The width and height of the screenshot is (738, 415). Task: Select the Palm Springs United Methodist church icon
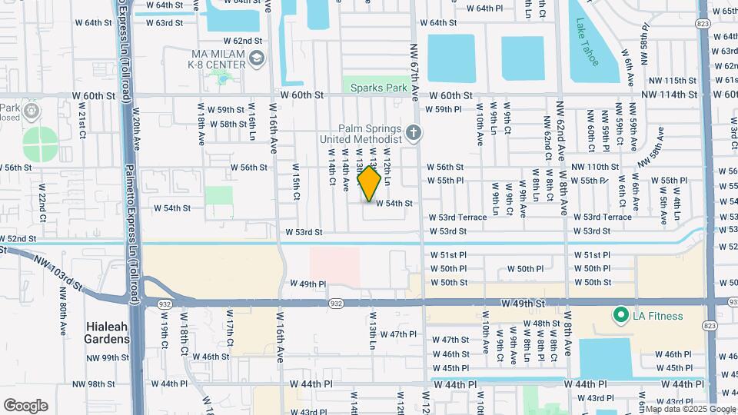tap(414, 133)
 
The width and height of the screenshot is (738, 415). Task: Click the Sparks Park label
tap(378, 88)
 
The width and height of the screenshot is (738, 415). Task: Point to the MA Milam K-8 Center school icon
tap(256, 58)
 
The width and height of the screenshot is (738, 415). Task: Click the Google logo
tap(25, 406)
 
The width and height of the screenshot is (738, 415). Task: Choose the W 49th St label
tap(525, 304)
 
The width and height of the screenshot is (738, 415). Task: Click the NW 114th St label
tap(673, 95)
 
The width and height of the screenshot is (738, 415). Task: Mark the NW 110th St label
tap(595, 167)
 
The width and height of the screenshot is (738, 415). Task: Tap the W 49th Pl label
tap(308, 284)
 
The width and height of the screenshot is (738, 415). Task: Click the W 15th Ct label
tap(296, 182)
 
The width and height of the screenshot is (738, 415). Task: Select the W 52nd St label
tap(19, 238)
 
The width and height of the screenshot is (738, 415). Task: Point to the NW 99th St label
tap(107, 357)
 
